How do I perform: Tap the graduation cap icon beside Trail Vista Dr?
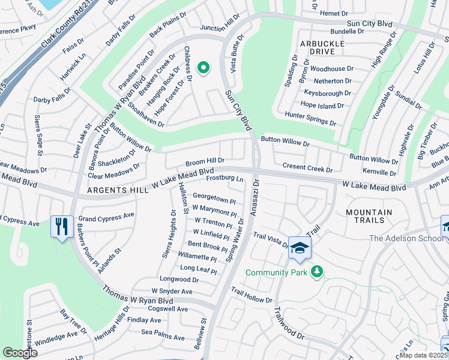tap(299, 248)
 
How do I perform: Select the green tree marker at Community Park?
tap(317, 272)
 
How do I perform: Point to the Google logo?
tap(20, 353)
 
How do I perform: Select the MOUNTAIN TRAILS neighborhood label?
tap(369, 217)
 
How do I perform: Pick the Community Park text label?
tap(277, 272)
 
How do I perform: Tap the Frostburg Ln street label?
tap(224, 179)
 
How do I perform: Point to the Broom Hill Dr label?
tap(205, 161)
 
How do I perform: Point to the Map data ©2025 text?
tap(423, 355)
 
